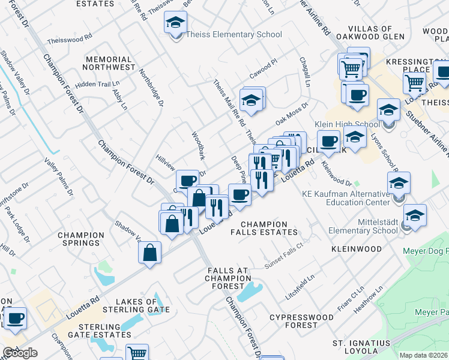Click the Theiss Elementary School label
coord(234,34)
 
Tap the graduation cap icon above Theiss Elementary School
coord(175,23)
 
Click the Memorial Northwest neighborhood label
coord(109,63)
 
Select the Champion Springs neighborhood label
coord(79,239)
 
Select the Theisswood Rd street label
coord(70,36)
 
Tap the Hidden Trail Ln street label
coord(93,84)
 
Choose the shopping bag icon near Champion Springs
coord(149,253)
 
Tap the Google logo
coord(20,353)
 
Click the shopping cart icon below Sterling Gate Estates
coord(137,353)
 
